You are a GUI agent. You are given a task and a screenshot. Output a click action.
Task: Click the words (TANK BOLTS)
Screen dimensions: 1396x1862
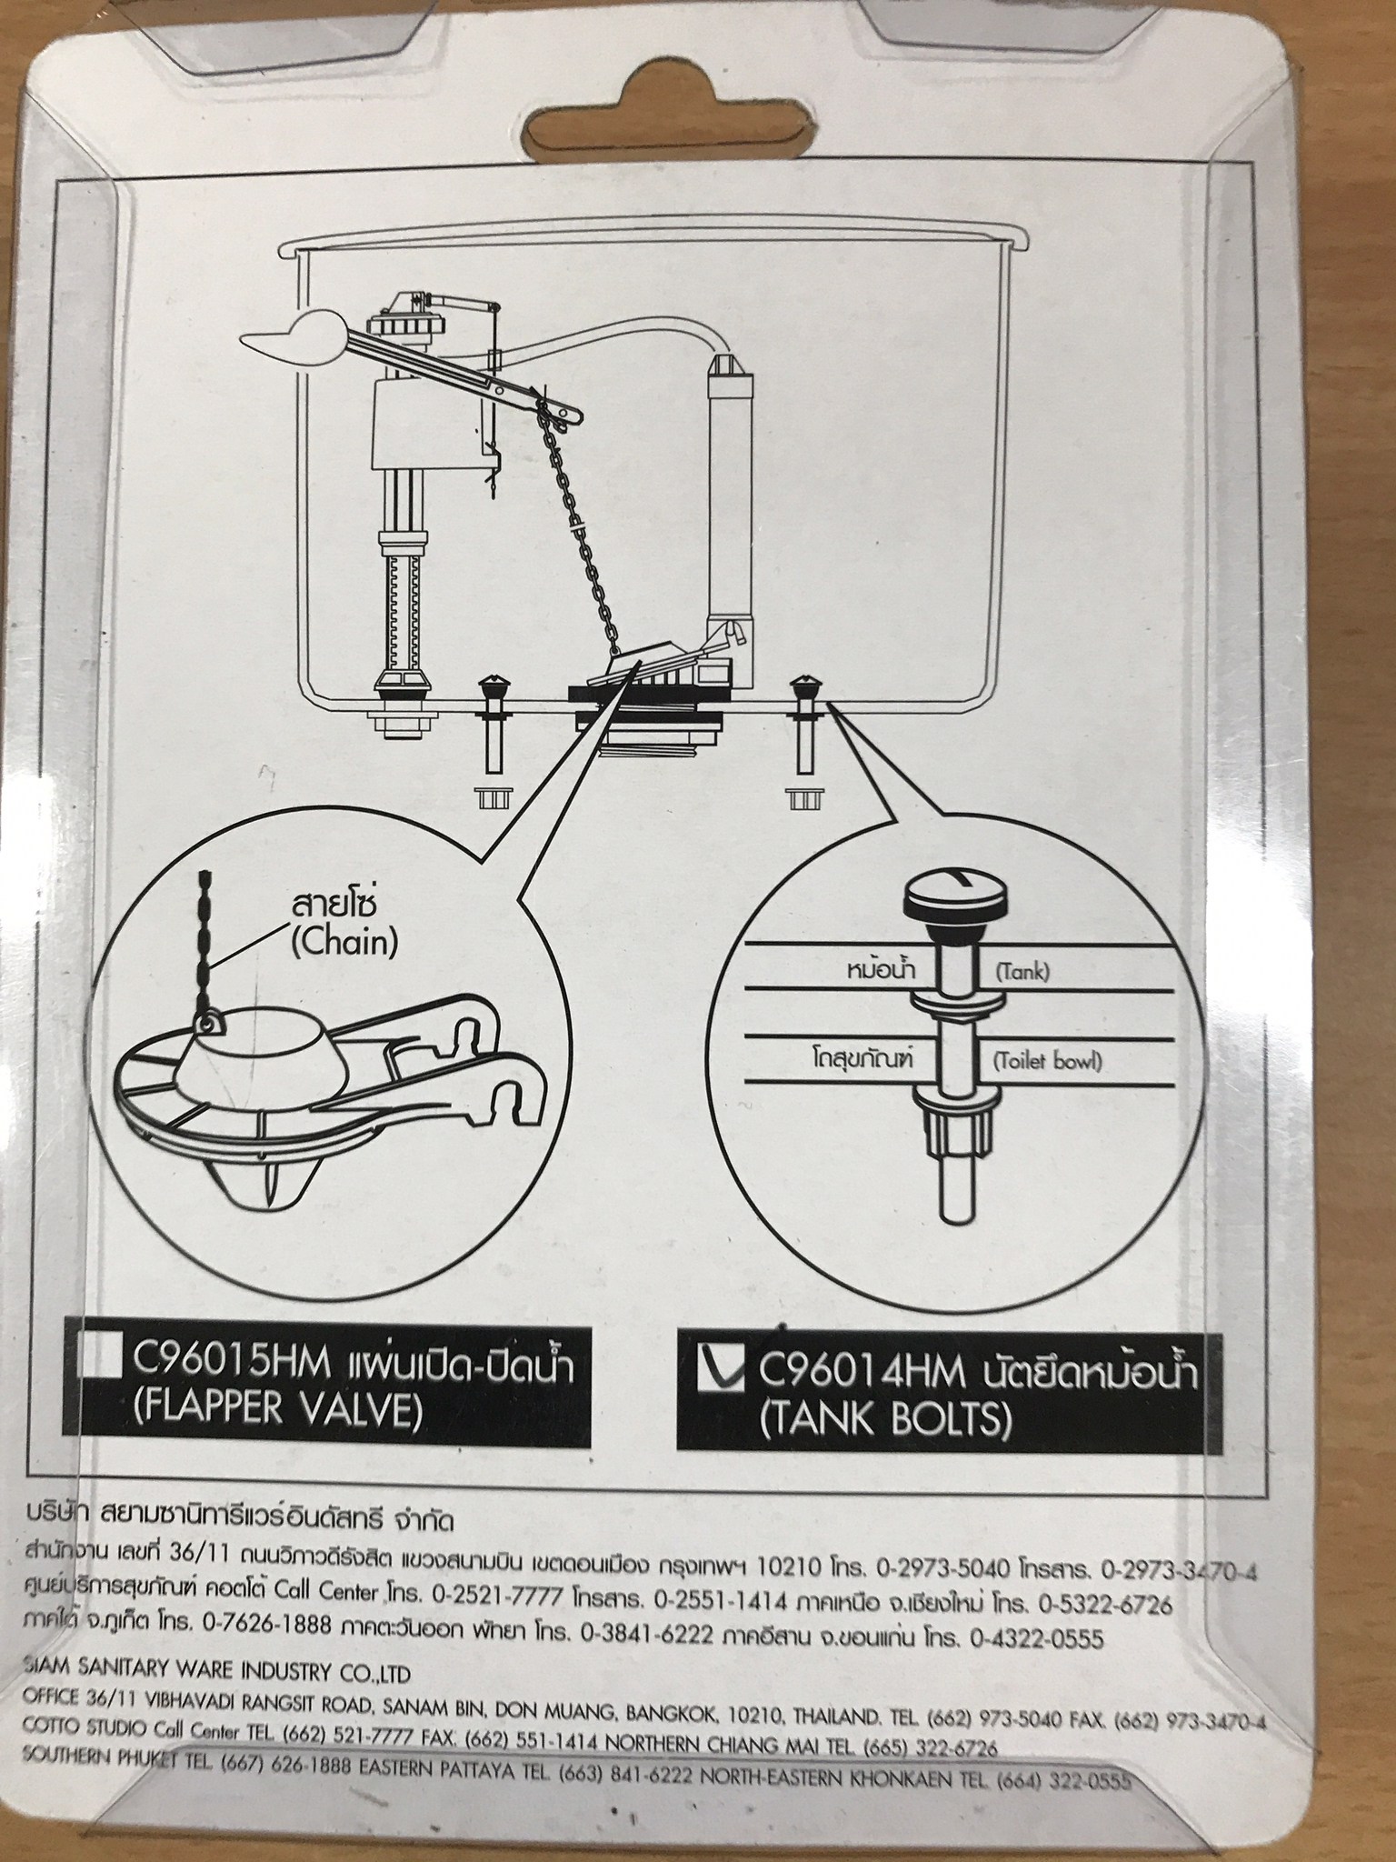click(x=879, y=1419)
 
